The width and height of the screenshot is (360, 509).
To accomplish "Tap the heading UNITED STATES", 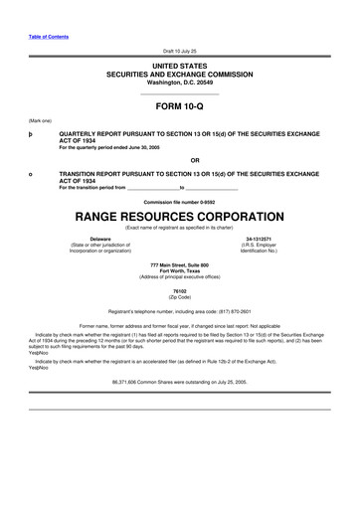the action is click(x=179, y=64).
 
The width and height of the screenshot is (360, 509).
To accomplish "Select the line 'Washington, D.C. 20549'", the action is click(x=179, y=82).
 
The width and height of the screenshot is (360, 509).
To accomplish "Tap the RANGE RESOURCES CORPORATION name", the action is click(x=179, y=216).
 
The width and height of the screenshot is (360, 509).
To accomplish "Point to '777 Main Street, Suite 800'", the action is click(x=179, y=263).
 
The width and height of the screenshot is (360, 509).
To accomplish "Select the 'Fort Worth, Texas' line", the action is click(x=179, y=269).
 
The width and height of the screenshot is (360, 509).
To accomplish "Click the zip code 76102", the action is click(x=179, y=290).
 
